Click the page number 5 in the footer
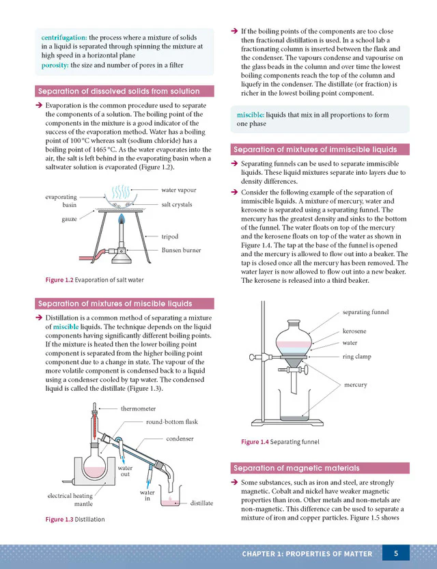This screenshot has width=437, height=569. (395, 553)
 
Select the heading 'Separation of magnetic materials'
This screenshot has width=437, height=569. (296, 468)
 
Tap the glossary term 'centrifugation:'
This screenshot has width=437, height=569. (64, 38)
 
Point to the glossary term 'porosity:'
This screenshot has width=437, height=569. (55, 66)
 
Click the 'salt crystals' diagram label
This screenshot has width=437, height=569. (177, 205)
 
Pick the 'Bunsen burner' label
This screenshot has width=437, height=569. (181, 250)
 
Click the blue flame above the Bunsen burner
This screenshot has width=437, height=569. (122, 218)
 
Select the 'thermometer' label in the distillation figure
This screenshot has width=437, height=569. (138, 408)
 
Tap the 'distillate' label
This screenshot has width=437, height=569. (201, 503)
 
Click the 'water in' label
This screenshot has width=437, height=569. (147, 495)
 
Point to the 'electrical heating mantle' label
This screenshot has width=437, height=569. (70, 500)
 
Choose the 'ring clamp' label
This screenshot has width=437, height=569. (357, 357)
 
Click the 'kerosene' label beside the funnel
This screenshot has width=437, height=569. (354, 331)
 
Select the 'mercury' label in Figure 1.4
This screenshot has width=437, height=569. (355, 385)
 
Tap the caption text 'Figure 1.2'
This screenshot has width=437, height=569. (59, 280)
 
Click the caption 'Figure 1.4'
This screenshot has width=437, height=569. (255, 442)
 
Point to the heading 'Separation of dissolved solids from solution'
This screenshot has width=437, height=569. (119, 91)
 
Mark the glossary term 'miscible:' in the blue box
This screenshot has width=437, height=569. (251, 115)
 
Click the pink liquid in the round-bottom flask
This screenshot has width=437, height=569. (94, 472)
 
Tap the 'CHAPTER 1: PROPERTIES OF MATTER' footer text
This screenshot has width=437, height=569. (307, 554)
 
